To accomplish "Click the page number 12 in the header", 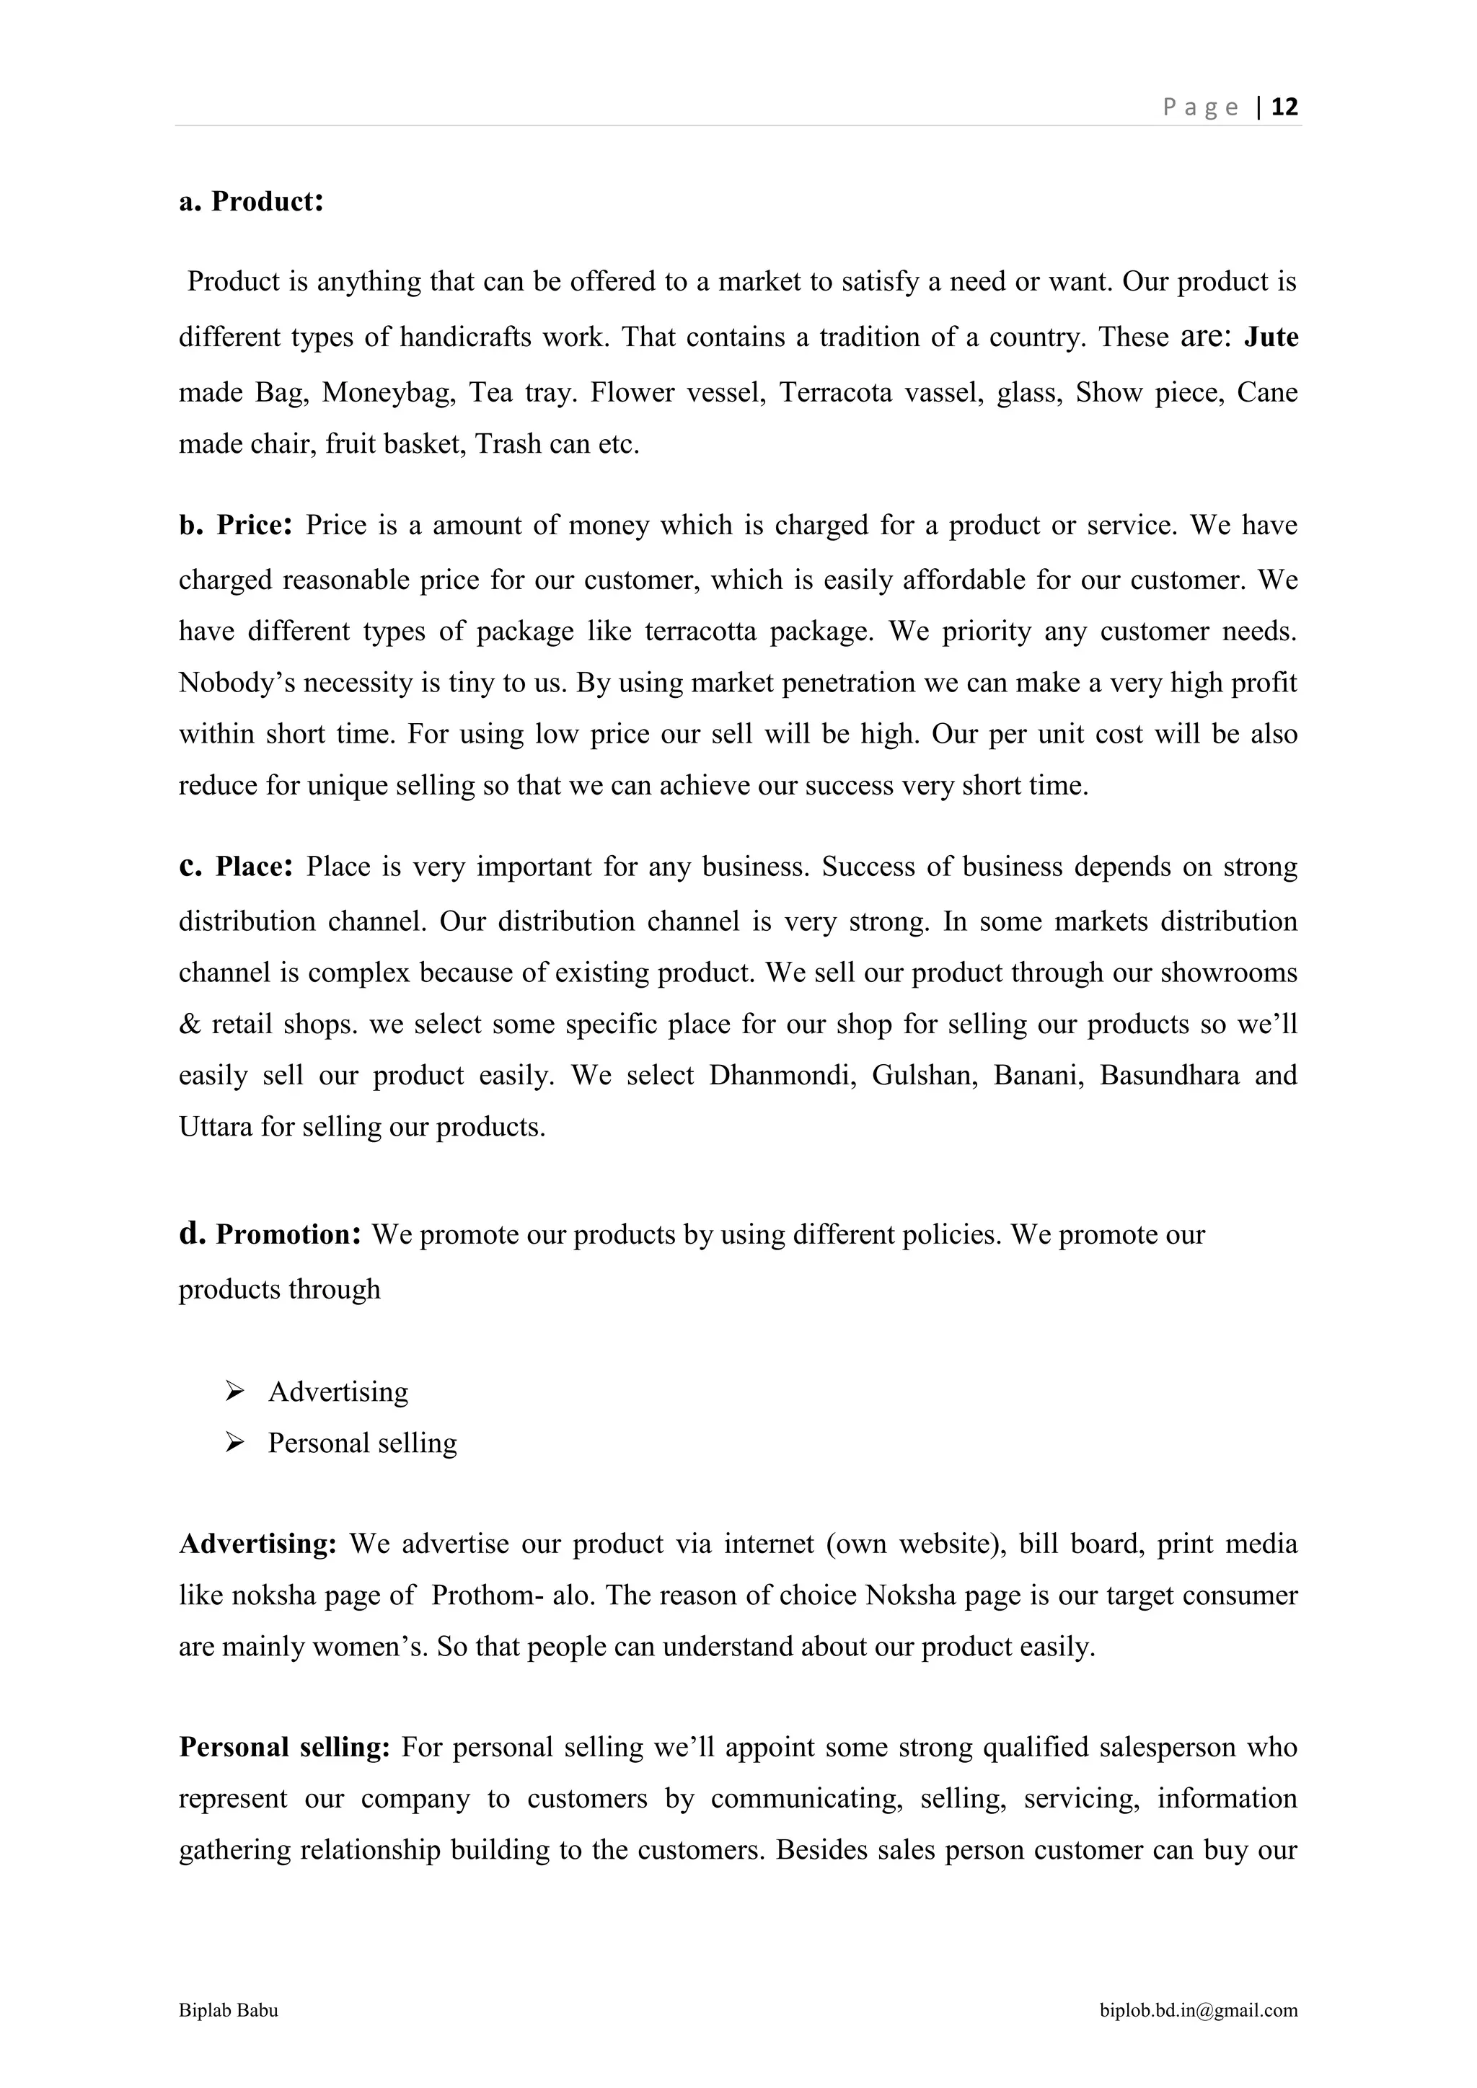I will (1284, 107).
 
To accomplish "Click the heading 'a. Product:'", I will (251, 201).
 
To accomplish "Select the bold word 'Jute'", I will (1271, 337).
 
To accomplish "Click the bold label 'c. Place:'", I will (236, 867).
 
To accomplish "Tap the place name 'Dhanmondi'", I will (783, 1075).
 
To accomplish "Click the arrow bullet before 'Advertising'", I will (234, 1391).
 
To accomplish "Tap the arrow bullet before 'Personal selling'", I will (234, 1442).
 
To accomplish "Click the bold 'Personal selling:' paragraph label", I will (283, 1747).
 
